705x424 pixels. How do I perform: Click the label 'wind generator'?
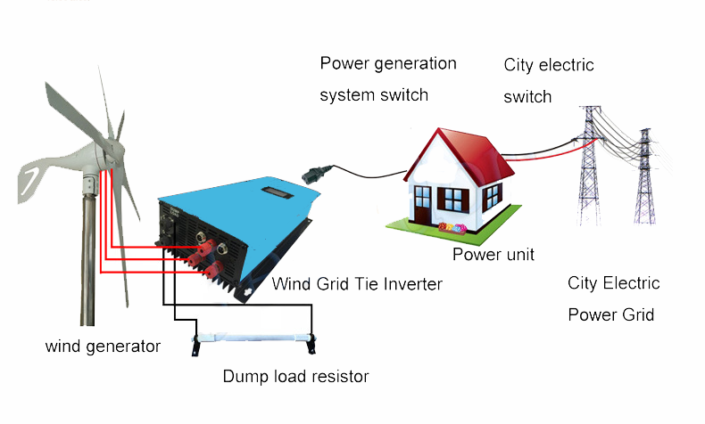[103, 347]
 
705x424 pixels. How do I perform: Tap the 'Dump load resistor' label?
[295, 377]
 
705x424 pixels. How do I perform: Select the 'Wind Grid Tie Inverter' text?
[357, 284]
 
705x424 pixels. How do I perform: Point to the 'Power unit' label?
[493, 255]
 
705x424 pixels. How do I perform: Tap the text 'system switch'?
[374, 94]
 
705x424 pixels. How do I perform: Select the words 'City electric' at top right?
[549, 65]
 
